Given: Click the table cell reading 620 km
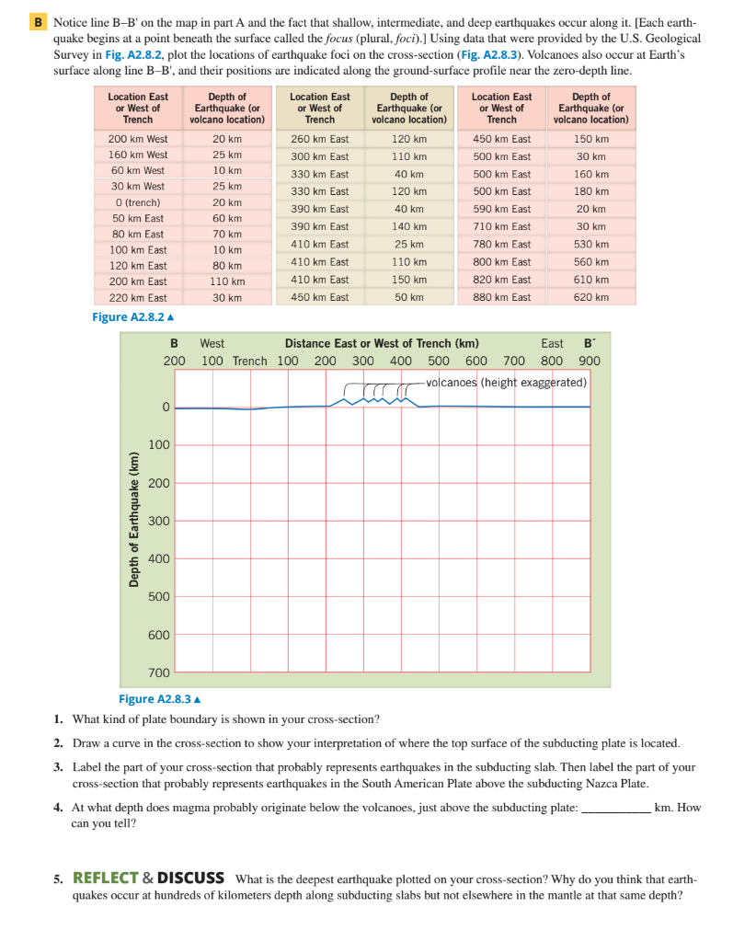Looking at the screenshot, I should (590, 297).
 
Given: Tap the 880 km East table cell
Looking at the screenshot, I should (501, 297).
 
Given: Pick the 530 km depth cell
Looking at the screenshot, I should (590, 245).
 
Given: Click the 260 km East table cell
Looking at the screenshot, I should (319, 139).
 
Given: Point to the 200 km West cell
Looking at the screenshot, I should (138, 139).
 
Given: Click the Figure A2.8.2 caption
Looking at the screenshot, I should (132, 317).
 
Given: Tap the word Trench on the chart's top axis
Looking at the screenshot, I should (249, 361).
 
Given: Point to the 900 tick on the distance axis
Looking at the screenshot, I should (590, 361).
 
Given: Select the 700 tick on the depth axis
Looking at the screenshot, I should (159, 673).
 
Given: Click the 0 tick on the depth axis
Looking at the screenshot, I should (166, 407).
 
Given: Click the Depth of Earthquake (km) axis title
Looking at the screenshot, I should (134, 520).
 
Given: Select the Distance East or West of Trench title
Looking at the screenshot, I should (381, 343).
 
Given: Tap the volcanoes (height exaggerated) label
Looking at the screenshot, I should (506, 383).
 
